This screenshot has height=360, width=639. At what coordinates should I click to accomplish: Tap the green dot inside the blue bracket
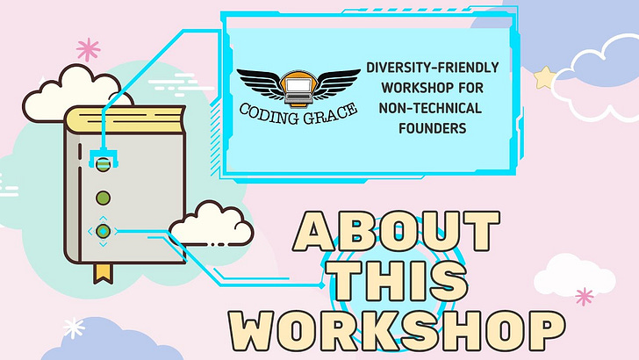(104, 163)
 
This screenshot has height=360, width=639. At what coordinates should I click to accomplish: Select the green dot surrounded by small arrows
(104, 231)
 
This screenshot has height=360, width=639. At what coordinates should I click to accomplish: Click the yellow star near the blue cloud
(544, 79)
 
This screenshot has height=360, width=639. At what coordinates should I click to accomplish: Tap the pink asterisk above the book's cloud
(88, 47)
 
